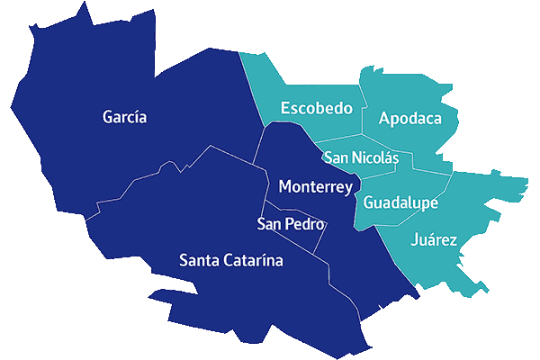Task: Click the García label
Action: click(x=125, y=117)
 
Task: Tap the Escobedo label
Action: click(x=316, y=109)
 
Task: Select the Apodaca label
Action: click(x=410, y=119)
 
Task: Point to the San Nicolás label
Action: click(x=361, y=157)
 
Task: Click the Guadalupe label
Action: click(x=400, y=203)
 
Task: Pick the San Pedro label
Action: click(x=291, y=224)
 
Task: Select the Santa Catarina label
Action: click(x=231, y=261)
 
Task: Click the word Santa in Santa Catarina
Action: click(x=199, y=261)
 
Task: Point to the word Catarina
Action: click(x=253, y=261)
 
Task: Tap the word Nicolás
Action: click(x=376, y=157)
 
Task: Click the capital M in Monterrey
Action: click(x=286, y=187)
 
